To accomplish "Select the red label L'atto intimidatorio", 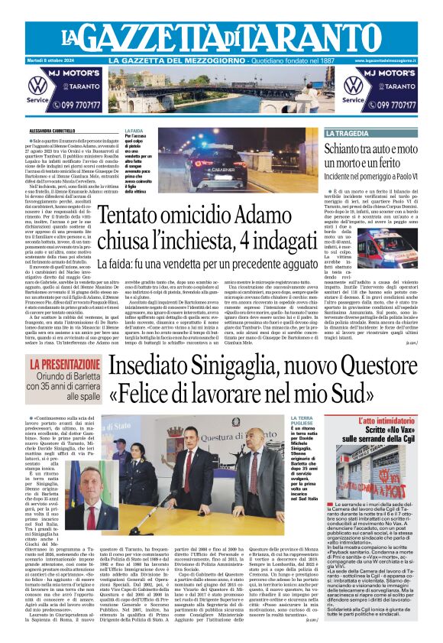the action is click(x=387, y=421).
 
